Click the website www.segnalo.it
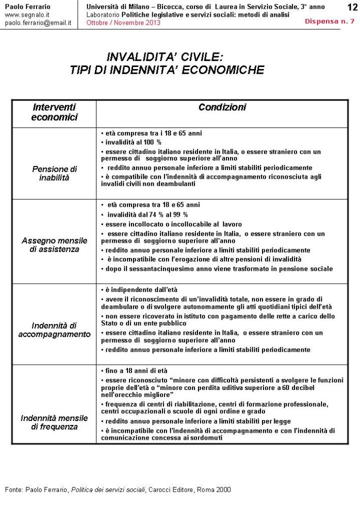(26, 15)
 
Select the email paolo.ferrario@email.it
(38, 23)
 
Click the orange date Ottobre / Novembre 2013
(123, 23)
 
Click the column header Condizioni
(222, 108)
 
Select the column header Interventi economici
(54, 112)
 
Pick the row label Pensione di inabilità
(54, 173)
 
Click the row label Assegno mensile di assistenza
(54, 245)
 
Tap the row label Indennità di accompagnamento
(54, 330)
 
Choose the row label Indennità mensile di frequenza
(54, 422)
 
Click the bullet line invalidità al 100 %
(133, 142)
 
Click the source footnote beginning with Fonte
(118, 490)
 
